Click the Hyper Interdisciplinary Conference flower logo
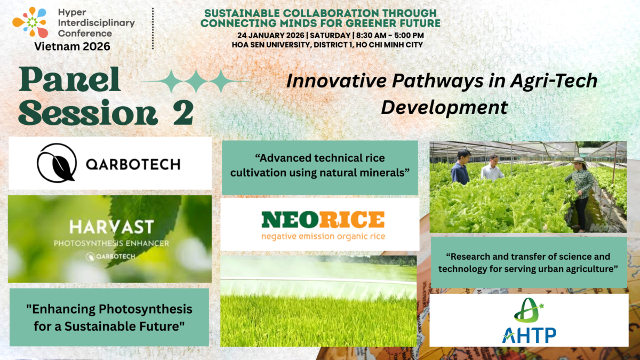[x=30, y=22]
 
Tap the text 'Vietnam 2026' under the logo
[x=73, y=46]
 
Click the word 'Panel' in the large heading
[x=72, y=81]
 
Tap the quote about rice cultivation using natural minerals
[x=320, y=165]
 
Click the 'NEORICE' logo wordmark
[x=323, y=220]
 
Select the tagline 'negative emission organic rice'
[x=323, y=236]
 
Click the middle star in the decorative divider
[x=196, y=82]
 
